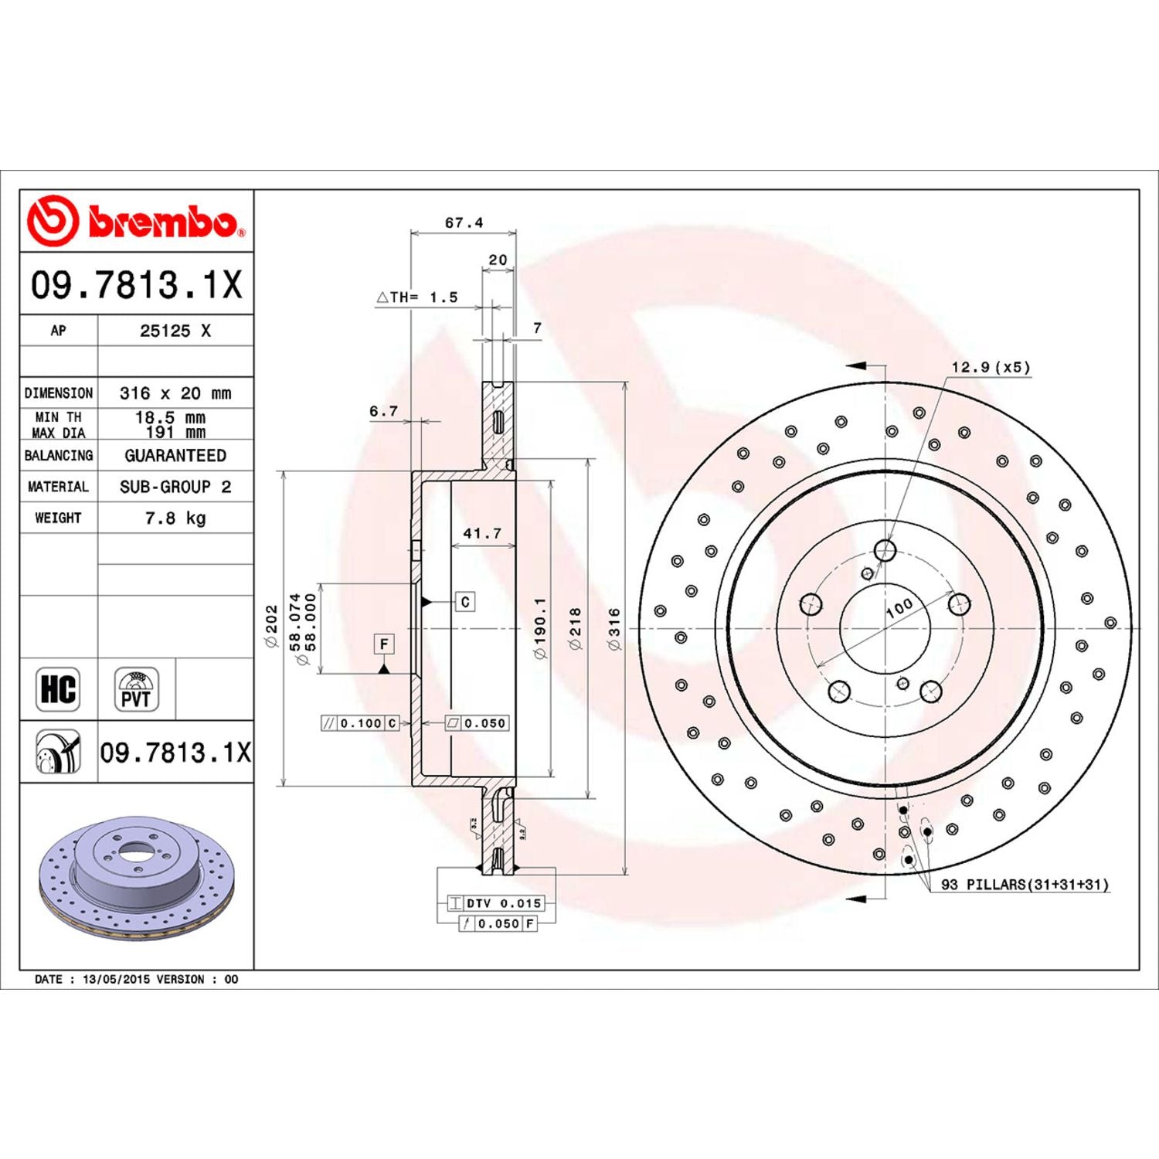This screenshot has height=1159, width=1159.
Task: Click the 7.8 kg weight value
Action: (175, 518)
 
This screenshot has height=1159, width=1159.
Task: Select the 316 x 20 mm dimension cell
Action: (175, 393)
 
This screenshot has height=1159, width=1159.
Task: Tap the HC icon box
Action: (58, 688)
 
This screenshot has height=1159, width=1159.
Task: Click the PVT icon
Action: (137, 688)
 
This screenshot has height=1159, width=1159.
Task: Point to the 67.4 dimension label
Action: (464, 223)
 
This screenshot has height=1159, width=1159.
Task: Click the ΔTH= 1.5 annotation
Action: (417, 297)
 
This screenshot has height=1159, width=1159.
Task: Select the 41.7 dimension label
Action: (482, 533)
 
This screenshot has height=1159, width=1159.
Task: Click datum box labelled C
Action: (464, 602)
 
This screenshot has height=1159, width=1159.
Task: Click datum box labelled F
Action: (384, 644)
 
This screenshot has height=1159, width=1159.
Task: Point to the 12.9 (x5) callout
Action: (991, 367)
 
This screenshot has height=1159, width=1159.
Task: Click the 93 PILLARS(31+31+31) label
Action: (1025, 885)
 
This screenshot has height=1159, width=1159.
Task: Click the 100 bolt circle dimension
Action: (899, 608)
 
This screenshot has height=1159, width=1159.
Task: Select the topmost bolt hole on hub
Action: (885, 551)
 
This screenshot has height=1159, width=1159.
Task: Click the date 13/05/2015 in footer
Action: (116, 979)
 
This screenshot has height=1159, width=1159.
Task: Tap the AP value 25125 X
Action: (175, 331)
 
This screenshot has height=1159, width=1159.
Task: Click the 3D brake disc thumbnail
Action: (135, 877)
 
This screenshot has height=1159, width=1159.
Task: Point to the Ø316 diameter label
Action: (614, 628)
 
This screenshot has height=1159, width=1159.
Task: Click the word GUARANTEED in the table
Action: (175, 456)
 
